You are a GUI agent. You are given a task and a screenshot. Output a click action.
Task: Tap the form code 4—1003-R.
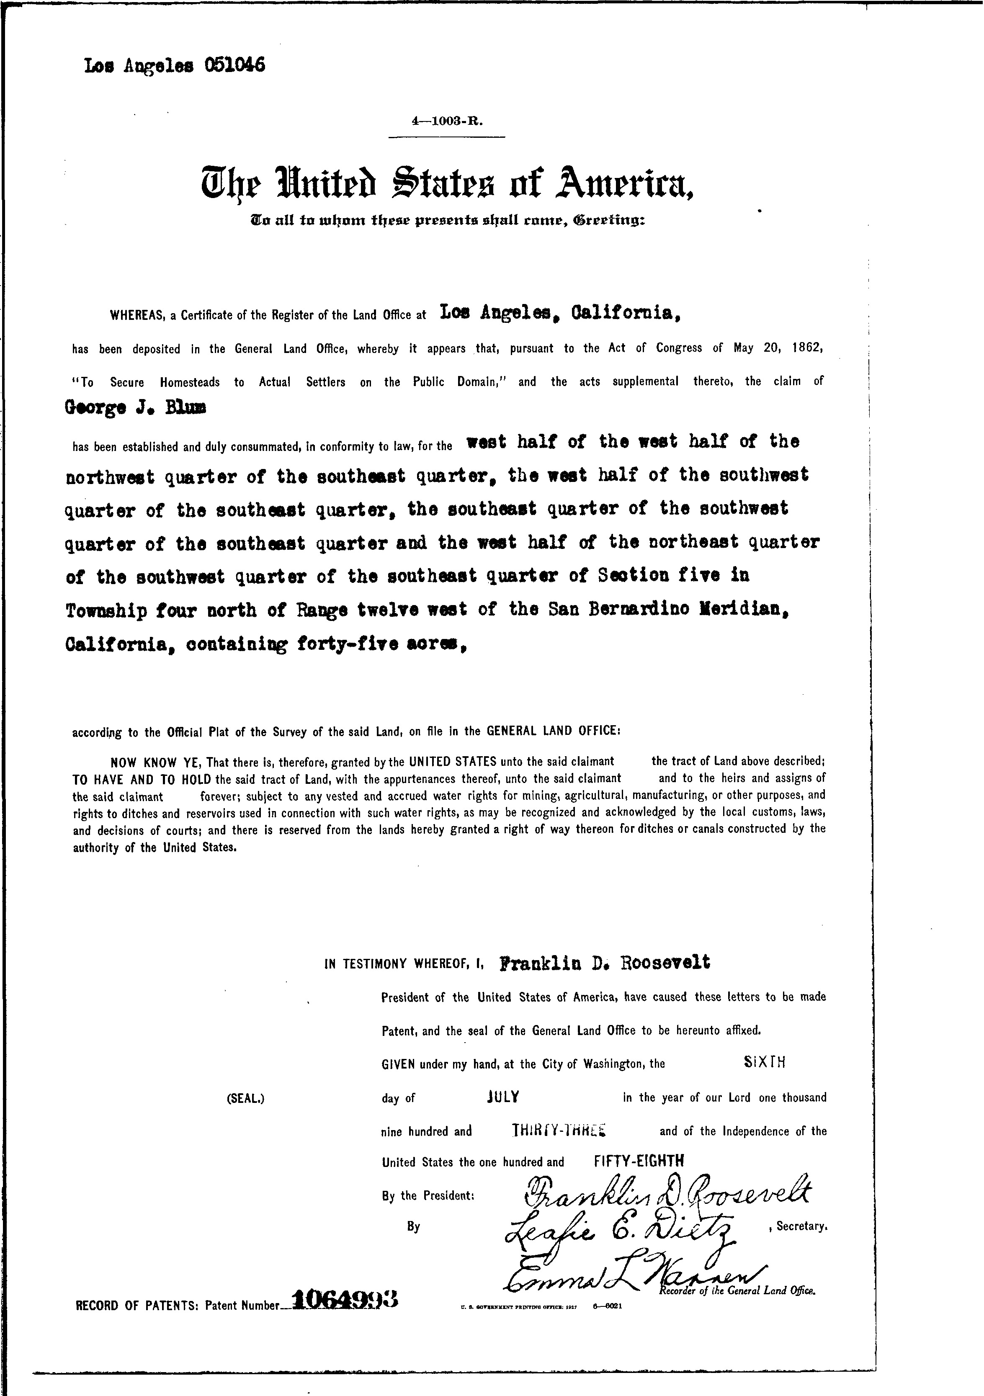click(x=447, y=121)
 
